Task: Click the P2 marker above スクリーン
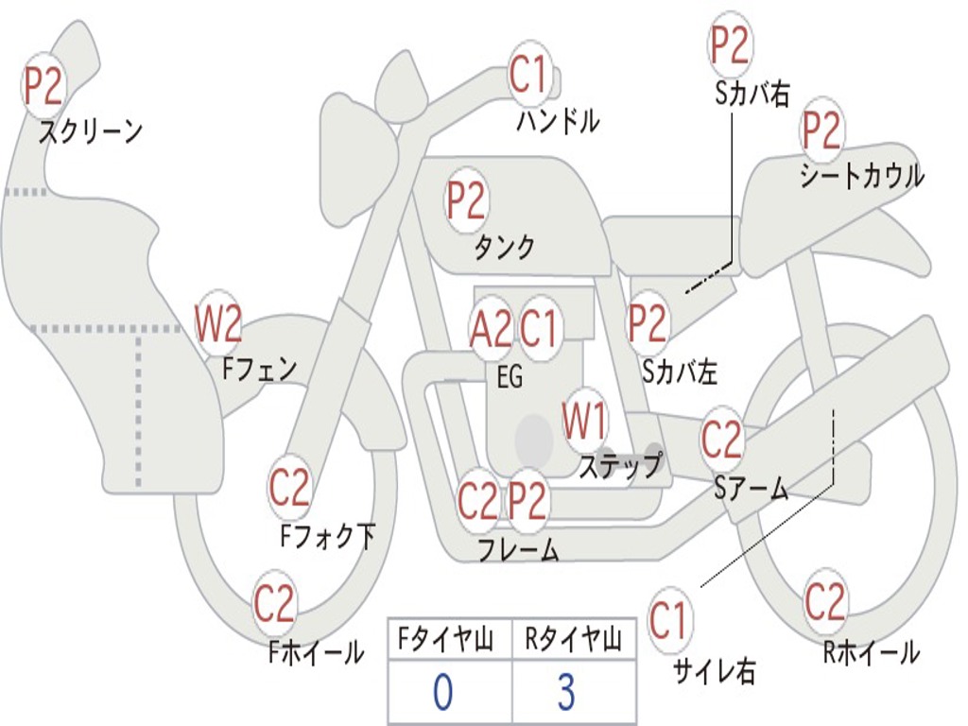[x=43, y=86]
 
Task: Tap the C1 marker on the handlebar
[x=529, y=74]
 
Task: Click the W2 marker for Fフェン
[x=218, y=324]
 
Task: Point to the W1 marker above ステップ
[x=585, y=421]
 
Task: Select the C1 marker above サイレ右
[x=669, y=621]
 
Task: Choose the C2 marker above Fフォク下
[x=289, y=488]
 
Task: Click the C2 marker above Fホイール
[x=275, y=603]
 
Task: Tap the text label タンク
[x=504, y=248]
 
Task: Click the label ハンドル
[x=558, y=121]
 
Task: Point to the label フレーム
[x=518, y=549]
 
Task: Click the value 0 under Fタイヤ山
[x=442, y=693]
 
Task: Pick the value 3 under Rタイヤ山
[x=566, y=693]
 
